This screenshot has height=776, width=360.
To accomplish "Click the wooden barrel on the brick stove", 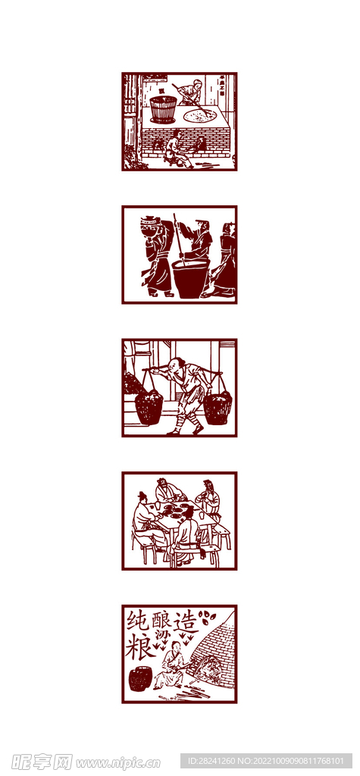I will [162, 108].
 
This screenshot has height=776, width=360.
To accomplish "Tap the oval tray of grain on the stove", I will [200, 115].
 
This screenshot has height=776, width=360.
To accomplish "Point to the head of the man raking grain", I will [197, 84].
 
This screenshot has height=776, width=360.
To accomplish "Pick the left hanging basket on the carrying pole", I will [149, 407].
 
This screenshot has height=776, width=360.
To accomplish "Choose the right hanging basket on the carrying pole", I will [217, 408].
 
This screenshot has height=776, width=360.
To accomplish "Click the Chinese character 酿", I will [162, 619].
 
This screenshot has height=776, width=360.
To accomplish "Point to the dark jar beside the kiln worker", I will [139, 678].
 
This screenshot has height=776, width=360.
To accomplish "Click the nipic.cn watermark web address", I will [118, 762].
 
